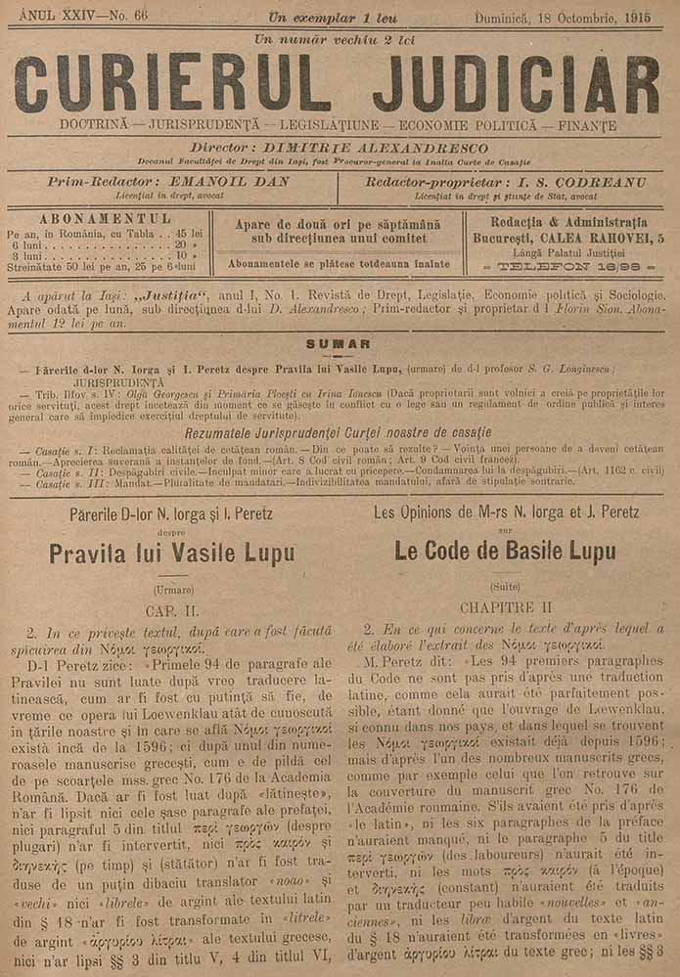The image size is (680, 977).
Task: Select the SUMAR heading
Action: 338,344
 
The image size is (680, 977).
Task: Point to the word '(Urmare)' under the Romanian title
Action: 172,590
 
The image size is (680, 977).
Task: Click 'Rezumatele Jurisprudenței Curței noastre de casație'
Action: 338,432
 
